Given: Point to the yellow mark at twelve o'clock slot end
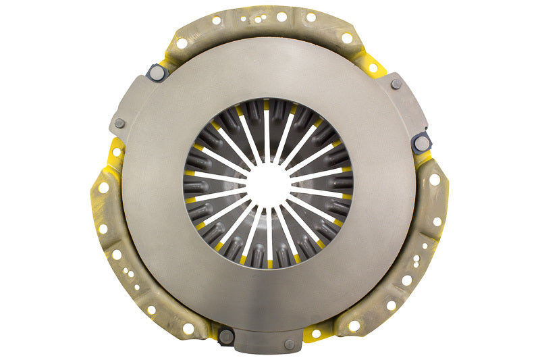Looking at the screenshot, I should pyautogui.click(x=267, y=105).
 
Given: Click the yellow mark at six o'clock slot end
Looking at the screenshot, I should pyautogui.click(x=269, y=263).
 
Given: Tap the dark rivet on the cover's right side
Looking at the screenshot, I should pyautogui.click(x=422, y=142).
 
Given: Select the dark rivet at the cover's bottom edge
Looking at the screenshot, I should pyautogui.click(x=227, y=335).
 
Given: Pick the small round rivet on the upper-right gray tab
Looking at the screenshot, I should pyautogui.click(x=396, y=84).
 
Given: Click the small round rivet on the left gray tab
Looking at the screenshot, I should pyautogui.click(x=119, y=123).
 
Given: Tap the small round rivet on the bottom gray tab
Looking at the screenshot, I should pyautogui.click(x=290, y=344).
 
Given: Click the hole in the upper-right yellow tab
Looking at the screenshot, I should pyautogui.click(x=372, y=68).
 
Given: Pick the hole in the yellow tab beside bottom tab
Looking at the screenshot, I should pyautogui.click(x=316, y=333).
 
